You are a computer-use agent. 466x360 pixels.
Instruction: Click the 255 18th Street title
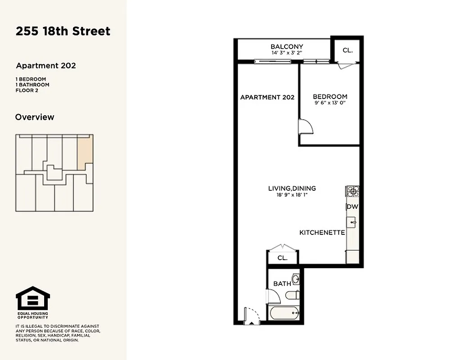(63, 31)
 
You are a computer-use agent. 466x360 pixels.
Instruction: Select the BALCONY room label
(286, 46)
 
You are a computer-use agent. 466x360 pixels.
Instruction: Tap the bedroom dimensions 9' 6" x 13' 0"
(330, 103)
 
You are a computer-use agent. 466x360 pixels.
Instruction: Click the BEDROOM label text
(330, 96)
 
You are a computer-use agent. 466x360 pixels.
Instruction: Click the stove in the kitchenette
(352, 192)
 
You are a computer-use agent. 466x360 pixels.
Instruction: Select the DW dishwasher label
(352, 207)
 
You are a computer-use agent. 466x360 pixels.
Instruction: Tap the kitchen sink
(352, 222)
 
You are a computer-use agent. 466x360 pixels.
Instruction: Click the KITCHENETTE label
(322, 233)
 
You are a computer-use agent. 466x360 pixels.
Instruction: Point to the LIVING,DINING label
(292, 189)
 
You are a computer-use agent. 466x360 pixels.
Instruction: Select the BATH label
(282, 283)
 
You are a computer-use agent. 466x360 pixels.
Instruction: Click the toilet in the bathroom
(291, 296)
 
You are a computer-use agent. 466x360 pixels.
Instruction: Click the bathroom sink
(296, 279)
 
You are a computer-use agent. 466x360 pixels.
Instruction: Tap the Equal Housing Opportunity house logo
(33, 298)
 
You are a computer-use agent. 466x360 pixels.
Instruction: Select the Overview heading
(35, 117)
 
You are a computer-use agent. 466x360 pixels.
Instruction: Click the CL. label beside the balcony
(348, 50)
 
